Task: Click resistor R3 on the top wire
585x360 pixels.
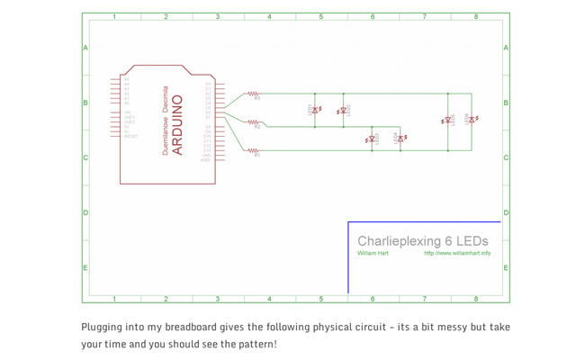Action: pyautogui.click(x=254, y=94)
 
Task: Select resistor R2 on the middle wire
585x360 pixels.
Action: pyautogui.click(x=254, y=122)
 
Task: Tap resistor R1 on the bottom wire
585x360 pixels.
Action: pyautogui.click(x=254, y=150)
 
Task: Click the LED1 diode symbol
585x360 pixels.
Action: pyautogui.click(x=315, y=111)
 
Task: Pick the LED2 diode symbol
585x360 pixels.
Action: pyautogui.click(x=342, y=112)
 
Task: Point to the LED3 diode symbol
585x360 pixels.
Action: pyautogui.click(x=372, y=139)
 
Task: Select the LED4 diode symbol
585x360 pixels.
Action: pyautogui.click(x=400, y=139)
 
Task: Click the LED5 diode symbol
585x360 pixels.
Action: pyautogui.click(x=447, y=120)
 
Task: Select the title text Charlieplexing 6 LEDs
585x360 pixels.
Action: pyautogui.click(x=422, y=241)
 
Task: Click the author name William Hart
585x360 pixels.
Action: pyautogui.click(x=373, y=254)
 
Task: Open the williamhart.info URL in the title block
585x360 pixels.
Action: pyautogui.click(x=457, y=254)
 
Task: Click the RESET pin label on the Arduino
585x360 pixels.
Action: pyautogui.click(x=130, y=137)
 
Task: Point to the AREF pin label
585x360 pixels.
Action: pyautogui.click(x=206, y=159)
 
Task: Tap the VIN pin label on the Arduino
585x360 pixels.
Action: pyautogui.click(x=127, y=112)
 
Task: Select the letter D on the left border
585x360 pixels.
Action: pyautogui.click(x=85, y=213)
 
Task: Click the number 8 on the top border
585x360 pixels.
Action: pyautogui.click(x=476, y=17)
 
